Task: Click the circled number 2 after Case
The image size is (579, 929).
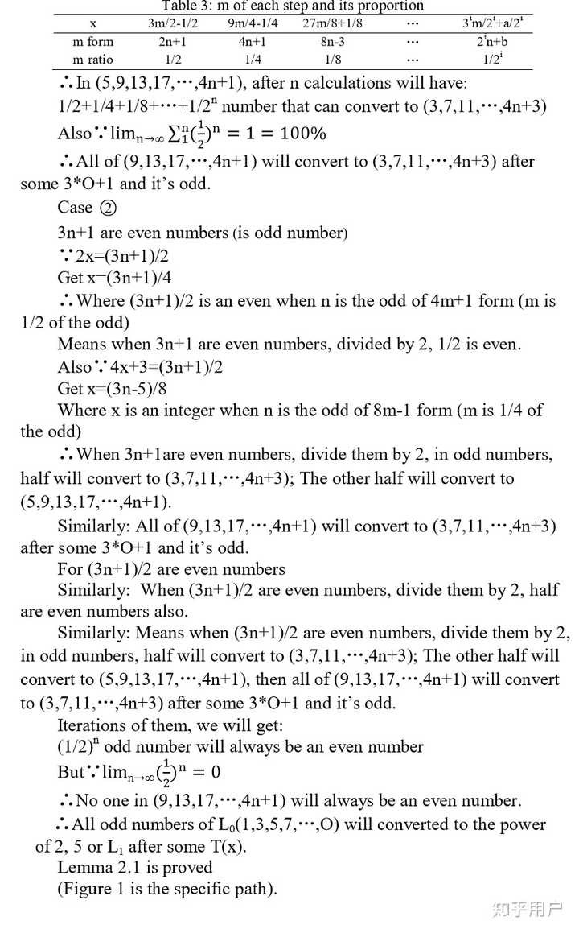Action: point(108,208)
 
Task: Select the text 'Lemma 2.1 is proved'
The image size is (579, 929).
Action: point(135,867)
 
